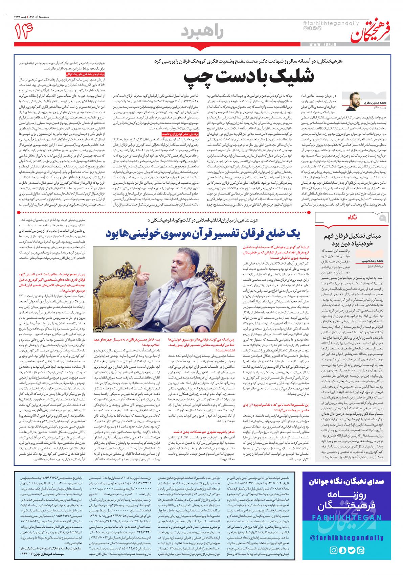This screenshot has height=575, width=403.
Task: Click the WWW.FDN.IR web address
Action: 322,44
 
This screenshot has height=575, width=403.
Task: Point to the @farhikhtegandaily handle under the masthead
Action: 321,23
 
